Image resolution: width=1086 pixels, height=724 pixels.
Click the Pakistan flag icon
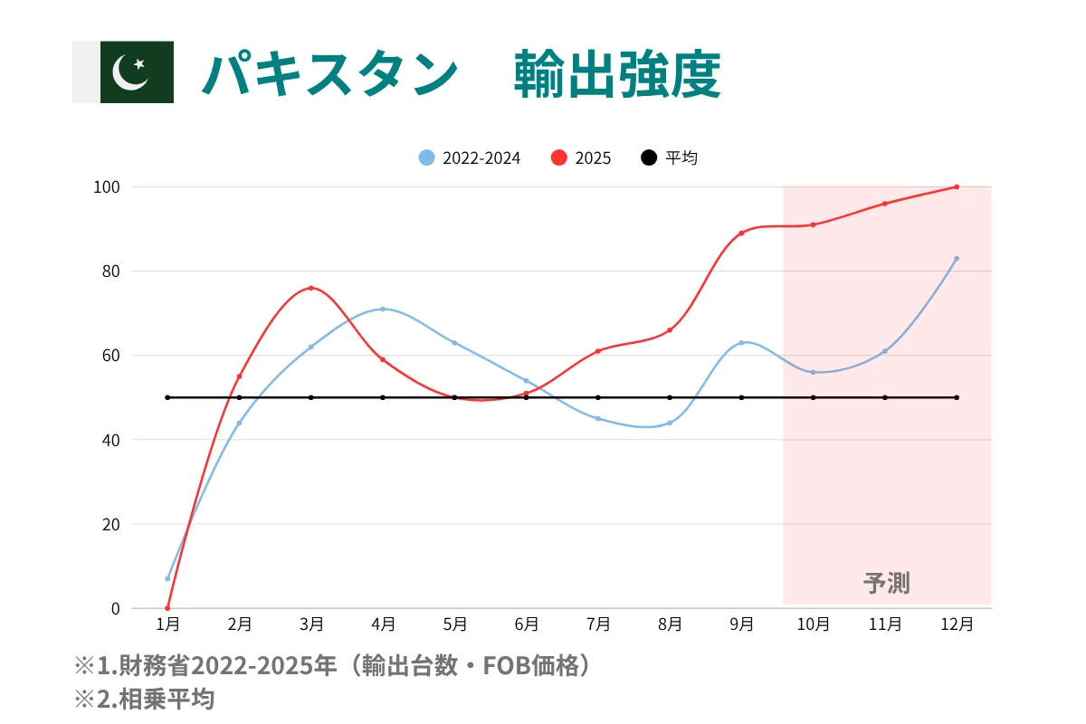click(x=136, y=72)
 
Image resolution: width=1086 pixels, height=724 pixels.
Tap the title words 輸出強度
click(x=617, y=73)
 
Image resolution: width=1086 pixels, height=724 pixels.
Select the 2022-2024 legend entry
click(x=471, y=157)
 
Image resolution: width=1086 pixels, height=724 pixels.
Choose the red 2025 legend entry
click(x=582, y=157)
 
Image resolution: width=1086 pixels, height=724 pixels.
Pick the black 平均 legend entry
click(x=670, y=157)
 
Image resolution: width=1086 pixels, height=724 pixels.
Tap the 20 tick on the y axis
click(x=110, y=524)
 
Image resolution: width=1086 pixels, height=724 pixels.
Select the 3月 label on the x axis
click(x=311, y=624)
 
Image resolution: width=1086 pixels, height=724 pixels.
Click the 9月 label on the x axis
click(x=741, y=624)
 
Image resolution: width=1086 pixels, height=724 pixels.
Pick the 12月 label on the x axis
click(x=957, y=624)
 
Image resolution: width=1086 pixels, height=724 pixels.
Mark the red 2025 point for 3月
click(x=311, y=288)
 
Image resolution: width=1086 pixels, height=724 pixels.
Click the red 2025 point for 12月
click(x=957, y=187)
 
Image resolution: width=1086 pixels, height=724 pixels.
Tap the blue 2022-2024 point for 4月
click(x=383, y=309)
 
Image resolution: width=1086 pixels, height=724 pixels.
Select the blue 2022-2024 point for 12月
click(x=957, y=259)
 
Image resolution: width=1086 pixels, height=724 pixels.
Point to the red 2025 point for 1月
click(x=167, y=608)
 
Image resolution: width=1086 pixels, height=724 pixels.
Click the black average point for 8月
click(x=670, y=397)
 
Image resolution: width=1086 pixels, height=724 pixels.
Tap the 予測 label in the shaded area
click(x=887, y=583)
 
